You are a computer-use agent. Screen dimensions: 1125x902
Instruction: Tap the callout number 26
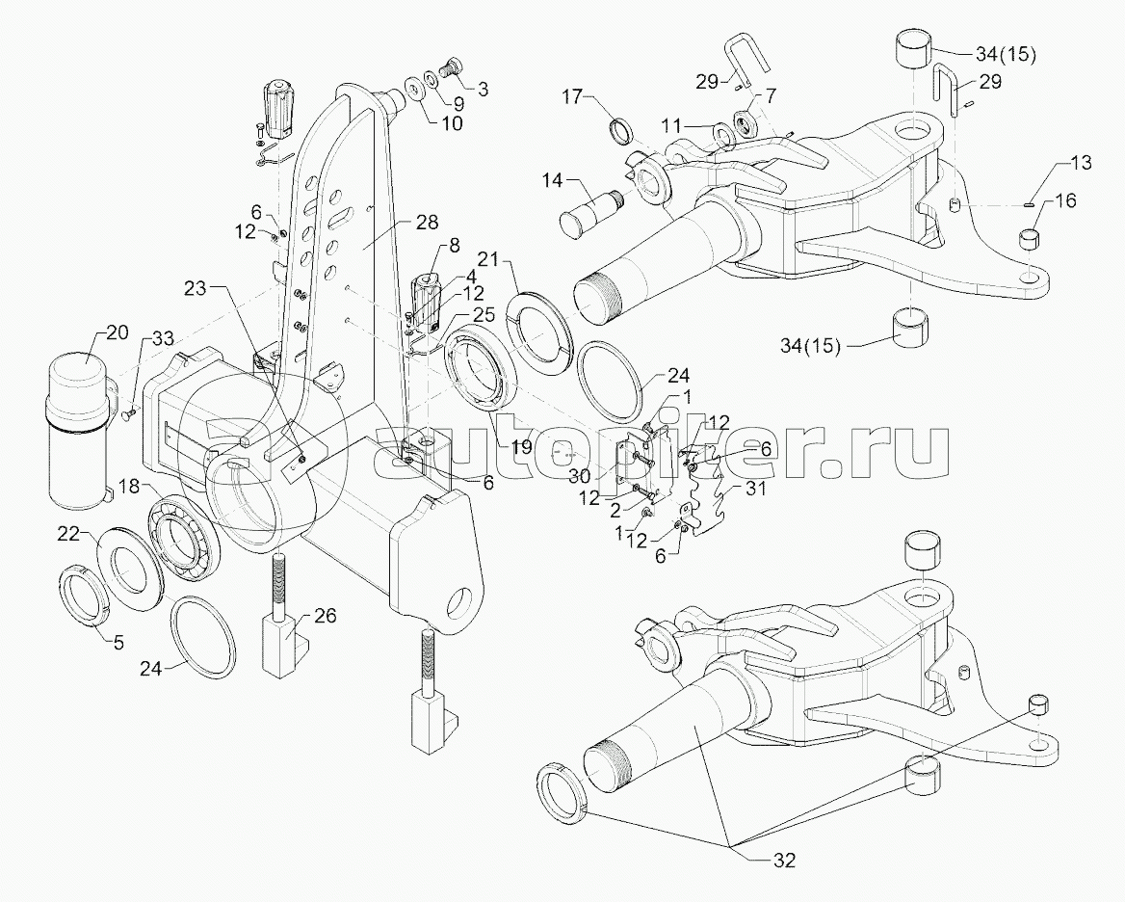tap(326, 617)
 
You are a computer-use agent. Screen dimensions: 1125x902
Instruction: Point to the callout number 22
tap(69, 533)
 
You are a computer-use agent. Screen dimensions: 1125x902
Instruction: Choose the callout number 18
tap(128, 487)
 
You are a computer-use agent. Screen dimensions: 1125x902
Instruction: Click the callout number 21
tap(488, 260)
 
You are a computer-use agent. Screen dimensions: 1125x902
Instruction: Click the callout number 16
tap(1066, 200)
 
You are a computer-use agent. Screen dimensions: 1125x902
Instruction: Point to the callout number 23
tap(195, 288)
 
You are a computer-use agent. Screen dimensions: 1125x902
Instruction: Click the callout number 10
tap(452, 122)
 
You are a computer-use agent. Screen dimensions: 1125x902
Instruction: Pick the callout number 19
tap(522, 447)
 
